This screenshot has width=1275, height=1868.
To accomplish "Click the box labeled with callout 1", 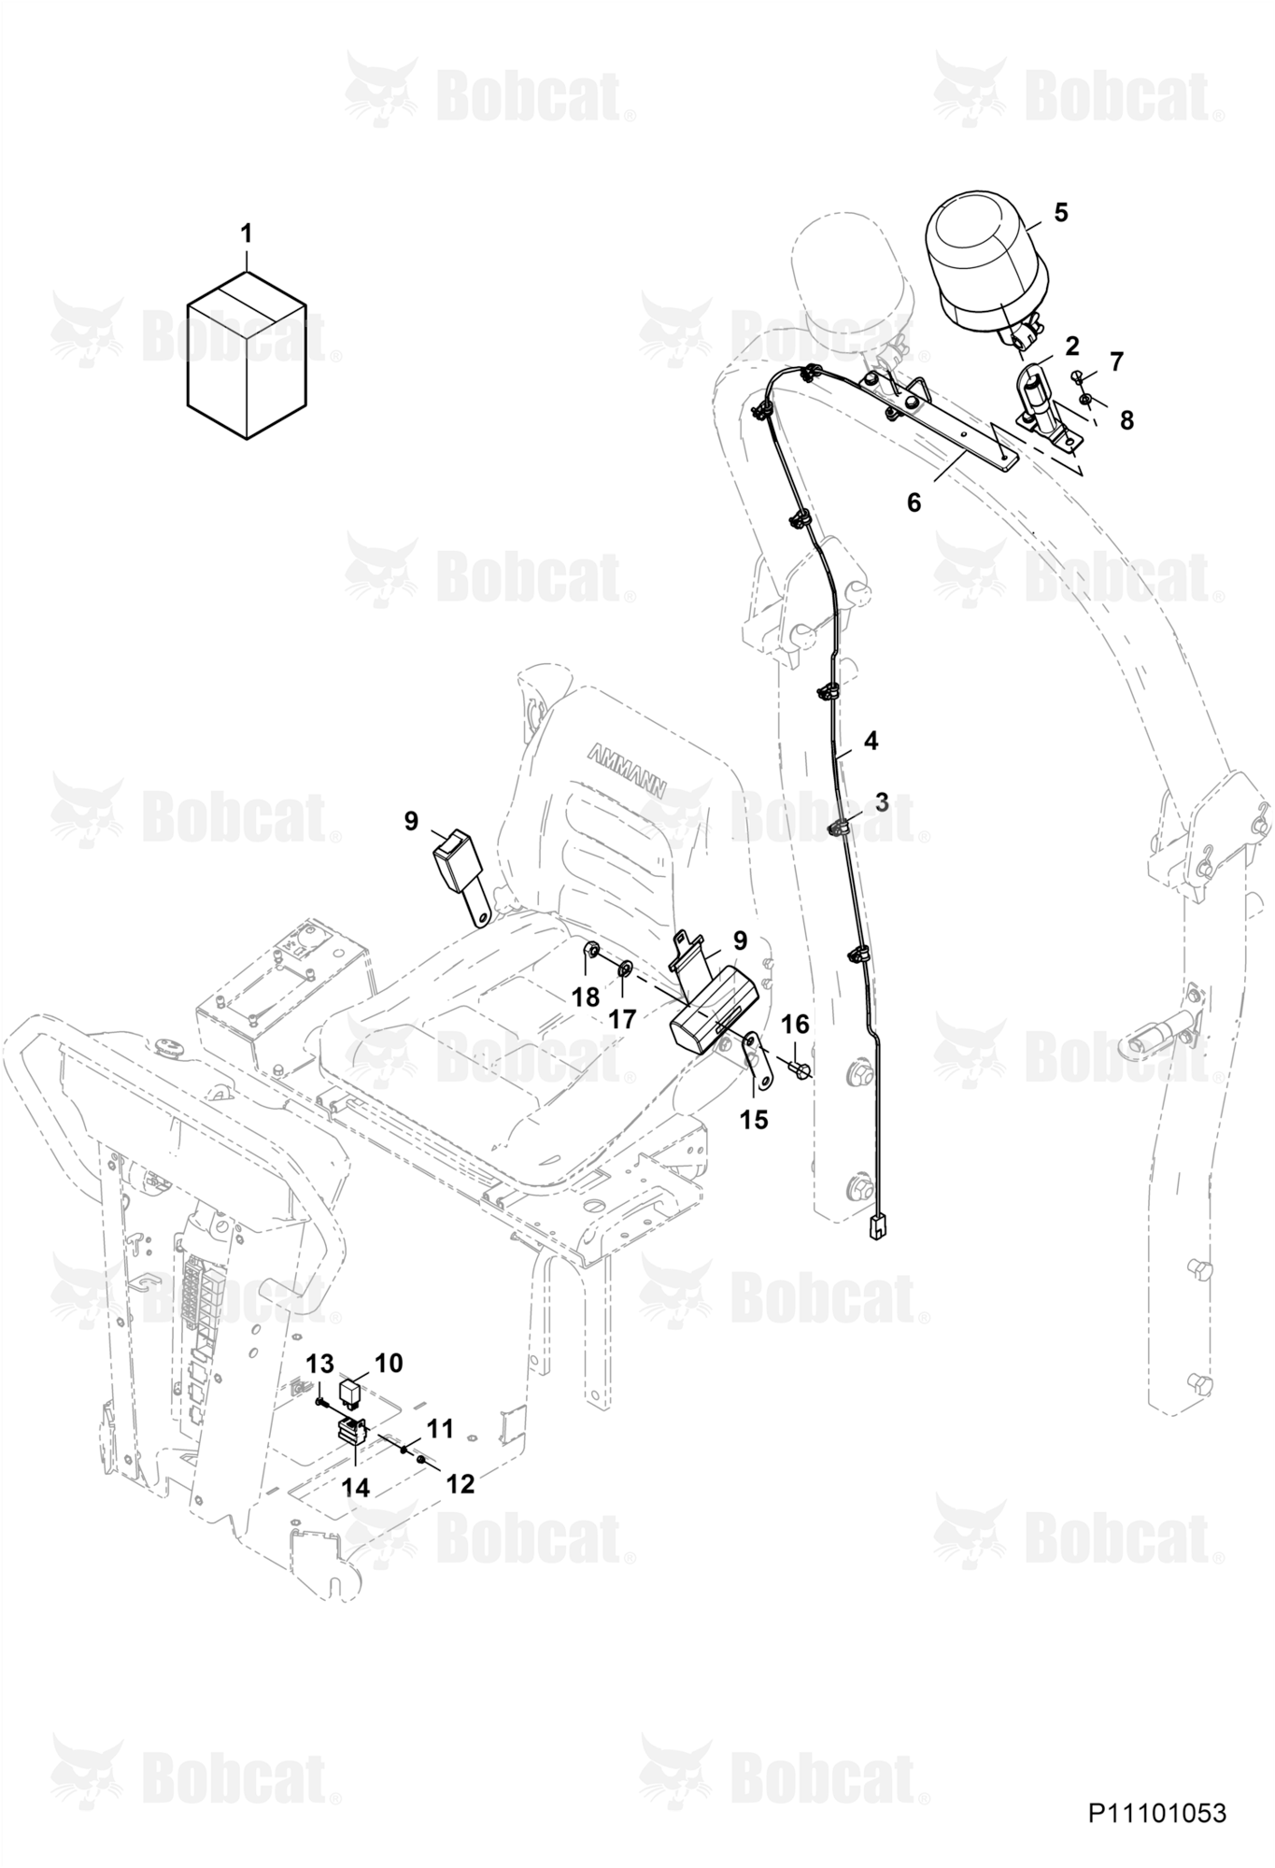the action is point(247,355).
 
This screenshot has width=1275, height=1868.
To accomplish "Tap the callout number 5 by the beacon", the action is point(1060,212).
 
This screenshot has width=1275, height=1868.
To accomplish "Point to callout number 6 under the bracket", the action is point(914,502).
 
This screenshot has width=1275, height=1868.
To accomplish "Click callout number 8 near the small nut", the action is point(1126,420).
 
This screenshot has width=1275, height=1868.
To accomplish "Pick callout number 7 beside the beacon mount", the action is point(1116,361).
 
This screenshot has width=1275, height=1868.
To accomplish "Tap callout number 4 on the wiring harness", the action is point(871,741).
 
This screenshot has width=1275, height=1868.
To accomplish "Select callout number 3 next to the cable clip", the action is point(881,801).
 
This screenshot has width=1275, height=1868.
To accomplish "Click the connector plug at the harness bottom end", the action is point(876,1227).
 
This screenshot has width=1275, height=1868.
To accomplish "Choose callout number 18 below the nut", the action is point(586,998).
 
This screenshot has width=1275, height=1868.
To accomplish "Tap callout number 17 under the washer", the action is point(622,1019).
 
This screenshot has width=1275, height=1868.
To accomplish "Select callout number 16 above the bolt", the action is point(795,1025).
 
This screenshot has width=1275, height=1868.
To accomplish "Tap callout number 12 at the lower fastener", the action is point(460,1482).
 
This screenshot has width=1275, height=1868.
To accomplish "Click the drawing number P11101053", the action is point(1156,1813).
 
